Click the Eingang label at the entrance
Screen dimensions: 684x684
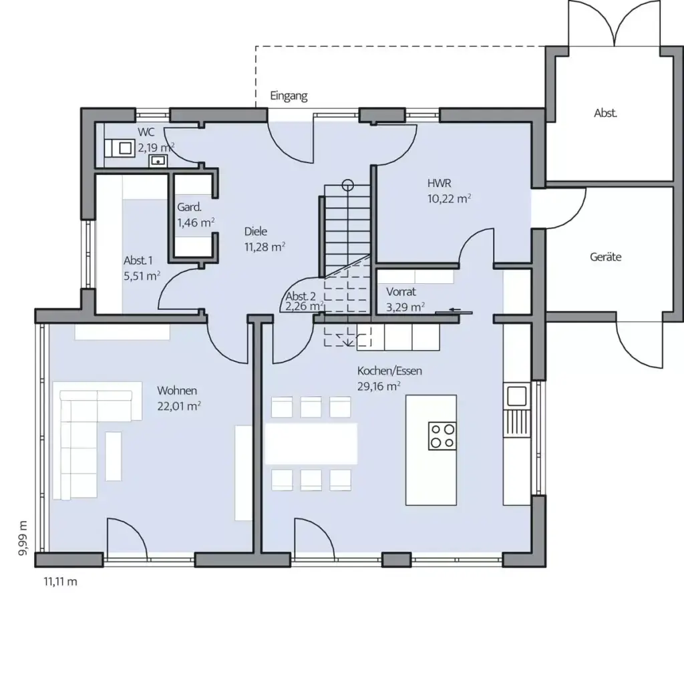[x=289, y=96]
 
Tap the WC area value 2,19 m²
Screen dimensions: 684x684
[x=156, y=148]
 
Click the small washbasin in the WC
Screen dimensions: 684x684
[x=158, y=160]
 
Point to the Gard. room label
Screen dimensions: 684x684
[x=189, y=207]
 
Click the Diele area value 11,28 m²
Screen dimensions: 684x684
[x=265, y=246]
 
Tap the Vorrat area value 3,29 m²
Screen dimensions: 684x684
[x=405, y=307]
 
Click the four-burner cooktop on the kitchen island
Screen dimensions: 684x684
[x=442, y=436]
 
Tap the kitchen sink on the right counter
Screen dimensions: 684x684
[x=516, y=395]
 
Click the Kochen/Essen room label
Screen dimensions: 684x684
[x=389, y=371]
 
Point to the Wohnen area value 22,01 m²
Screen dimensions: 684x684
[x=179, y=405]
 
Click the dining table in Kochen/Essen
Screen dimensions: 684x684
[x=311, y=443]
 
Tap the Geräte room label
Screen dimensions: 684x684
[x=605, y=256]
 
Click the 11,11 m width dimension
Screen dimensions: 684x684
[x=60, y=582]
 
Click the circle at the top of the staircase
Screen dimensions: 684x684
[x=347, y=184]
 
